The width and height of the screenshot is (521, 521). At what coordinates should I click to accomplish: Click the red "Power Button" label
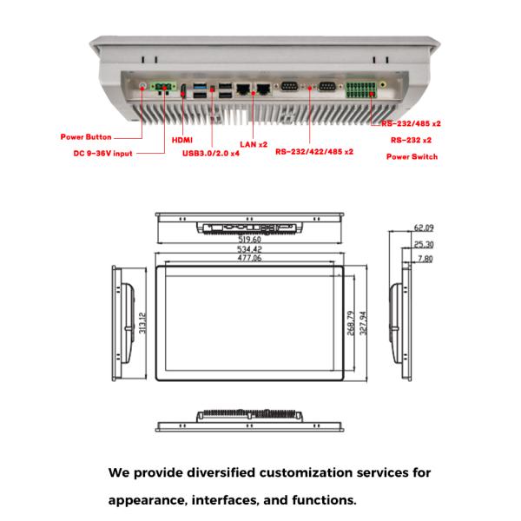pyautogui.click(x=85, y=137)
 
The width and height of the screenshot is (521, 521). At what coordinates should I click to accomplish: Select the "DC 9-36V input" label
pyautogui.click(x=102, y=155)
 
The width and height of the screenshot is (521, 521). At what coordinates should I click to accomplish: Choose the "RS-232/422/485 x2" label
pyautogui.click(x=314, y=151)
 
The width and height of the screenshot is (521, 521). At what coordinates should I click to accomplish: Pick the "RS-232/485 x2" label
pyautogui.click(x=411, y=123)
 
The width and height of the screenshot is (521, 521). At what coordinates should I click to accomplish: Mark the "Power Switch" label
pyautogui.click(x=412, y=157)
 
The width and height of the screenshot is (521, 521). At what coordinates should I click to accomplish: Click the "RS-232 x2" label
pyautogui.click(x=412, y=139)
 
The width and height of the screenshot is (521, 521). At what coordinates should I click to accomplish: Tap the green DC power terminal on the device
pyautogui.click(x=162, y=88)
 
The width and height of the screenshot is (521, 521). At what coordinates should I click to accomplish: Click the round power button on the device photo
pyautogui.click(x=143, y=87)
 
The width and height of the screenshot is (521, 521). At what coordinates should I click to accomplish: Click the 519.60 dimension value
pyautogui.click(x=250, y=240)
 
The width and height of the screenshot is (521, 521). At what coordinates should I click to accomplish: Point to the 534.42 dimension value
pyautogui.click(x=250, y=250)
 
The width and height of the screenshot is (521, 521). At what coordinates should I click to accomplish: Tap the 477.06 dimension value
pyautogui.click(x=250, y=259)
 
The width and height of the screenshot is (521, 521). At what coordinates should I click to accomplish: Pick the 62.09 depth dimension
pyautogui.click(x=424, y=228)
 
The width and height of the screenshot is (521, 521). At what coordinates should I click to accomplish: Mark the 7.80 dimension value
pyautogui.click(x=424, y=259)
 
